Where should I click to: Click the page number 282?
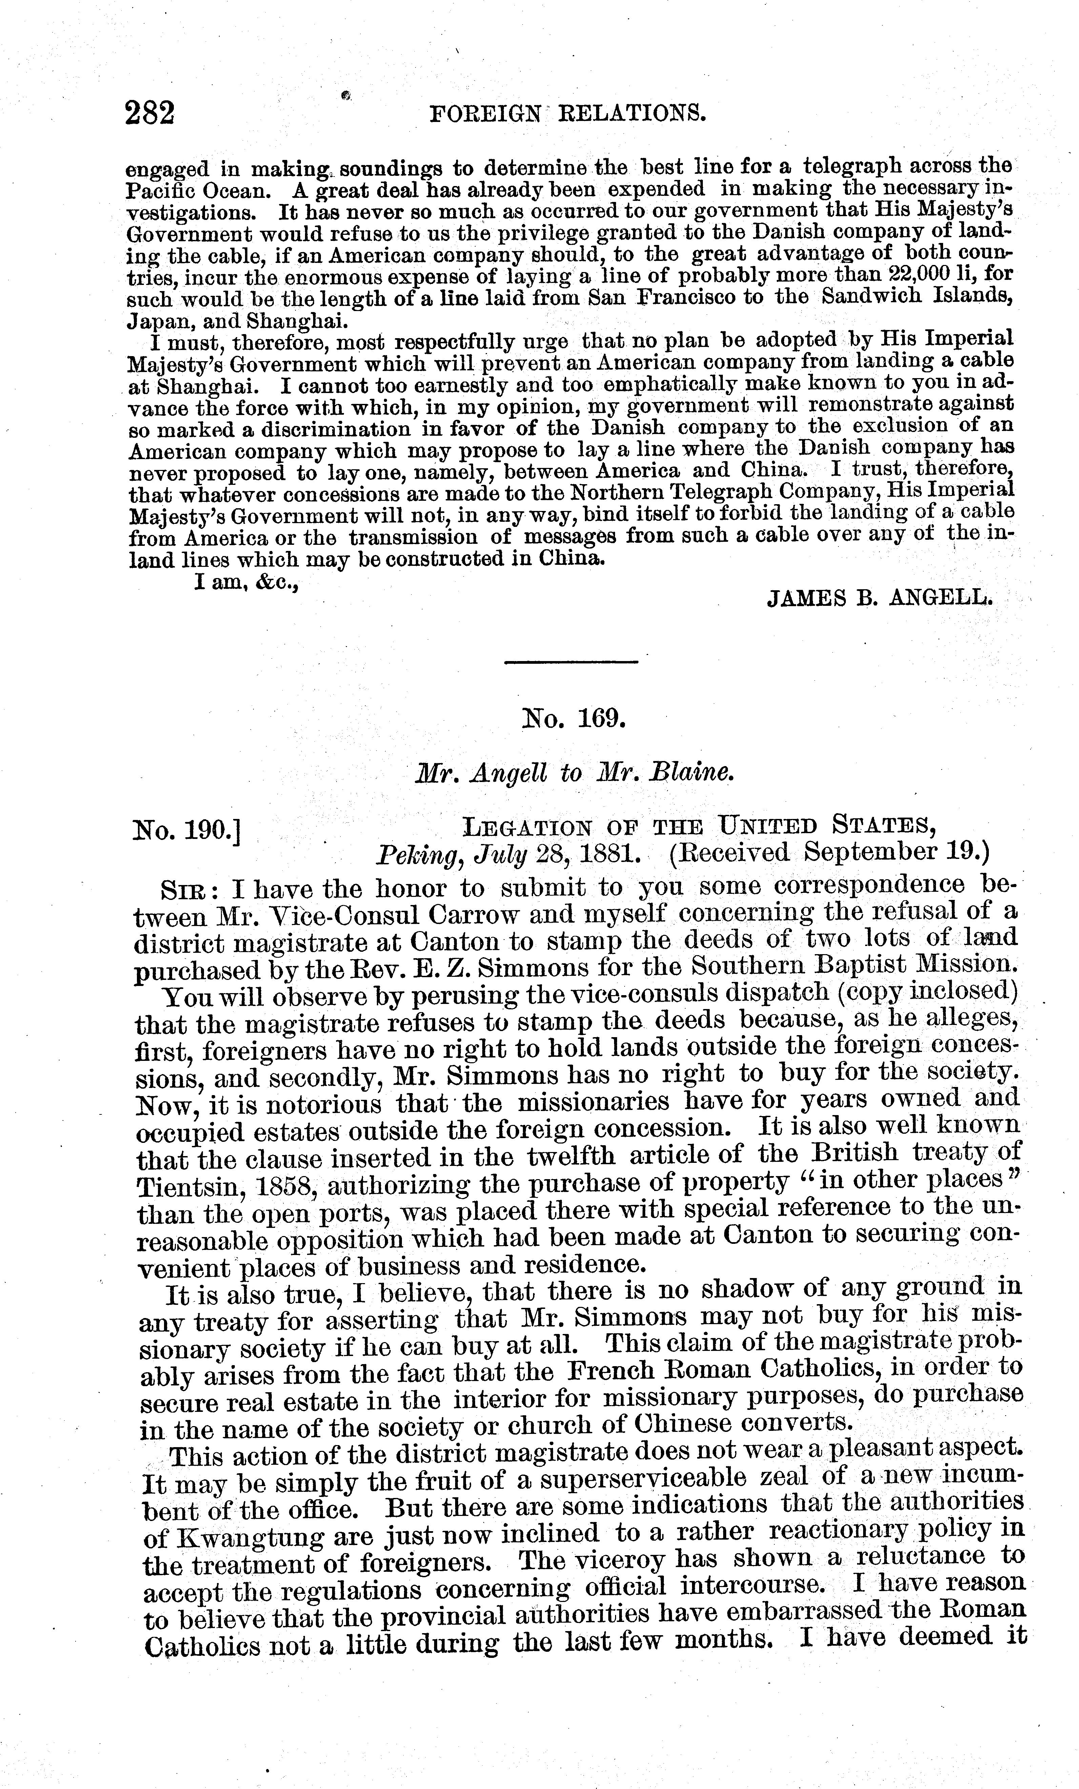pos(150,114)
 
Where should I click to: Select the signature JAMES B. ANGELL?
pos(879,598)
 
